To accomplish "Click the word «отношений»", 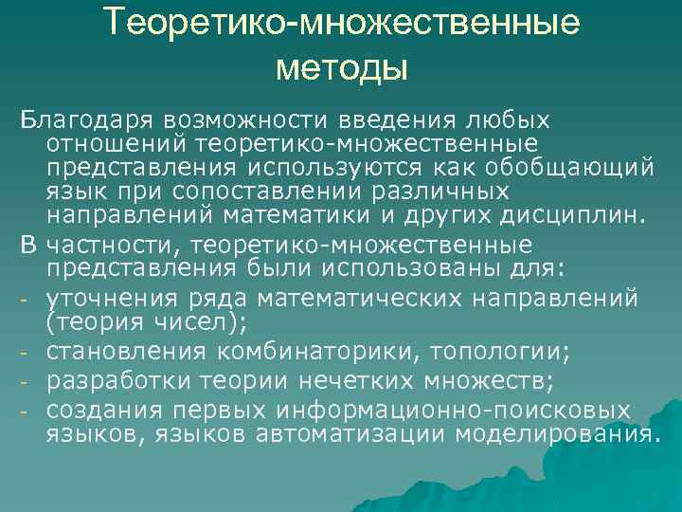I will tap(117, 144).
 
